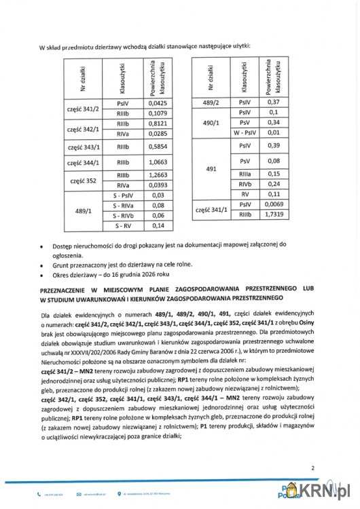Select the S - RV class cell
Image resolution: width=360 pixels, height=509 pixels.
123,225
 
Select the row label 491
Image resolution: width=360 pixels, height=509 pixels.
211,168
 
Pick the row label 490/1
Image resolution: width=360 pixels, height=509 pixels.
211,122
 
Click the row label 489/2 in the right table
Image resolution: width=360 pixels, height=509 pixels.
211,102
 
